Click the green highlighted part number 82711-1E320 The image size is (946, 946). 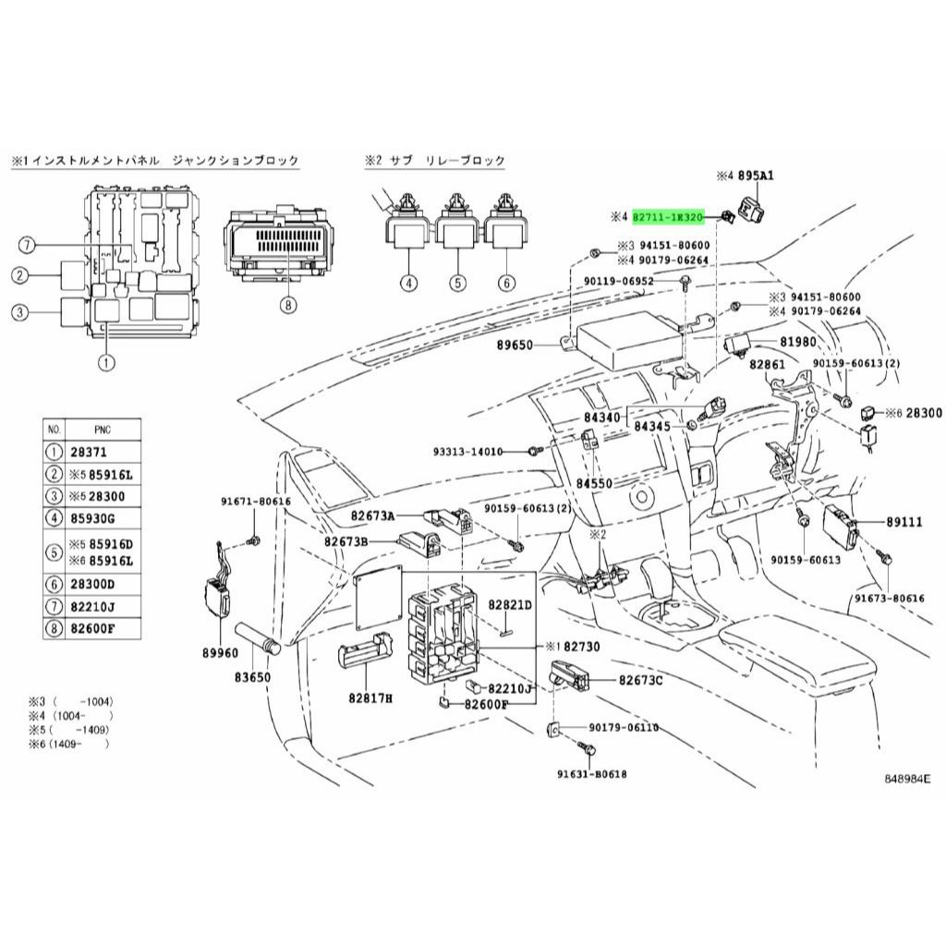669,216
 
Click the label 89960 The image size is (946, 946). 220,652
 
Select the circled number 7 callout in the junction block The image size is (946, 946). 29,245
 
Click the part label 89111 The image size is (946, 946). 904,522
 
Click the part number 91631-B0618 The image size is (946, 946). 591,774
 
